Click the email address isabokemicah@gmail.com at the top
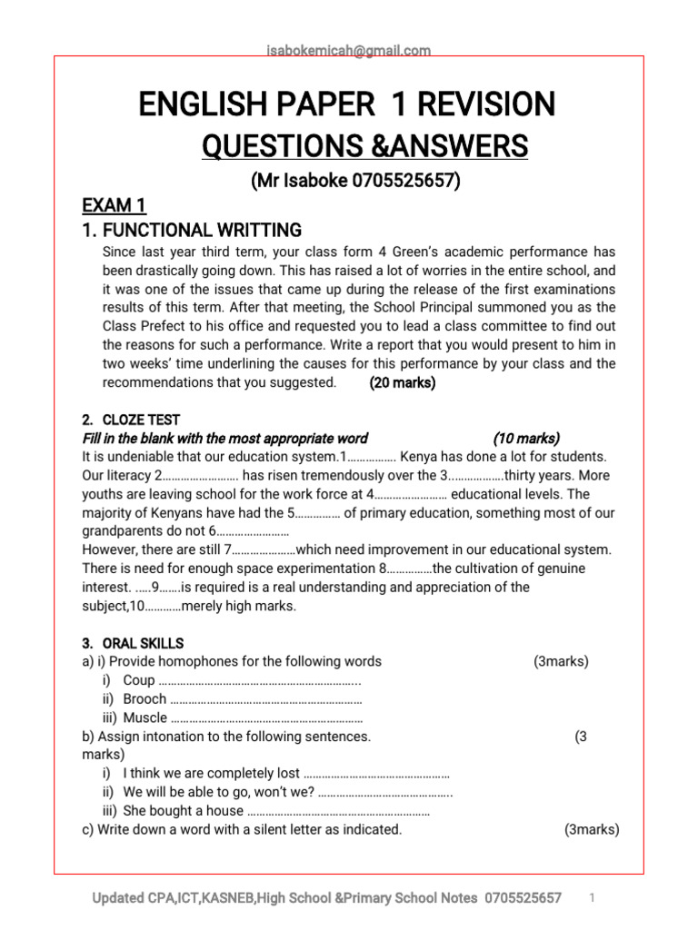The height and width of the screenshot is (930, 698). (x=349, y=51)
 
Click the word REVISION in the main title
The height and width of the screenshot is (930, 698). (x=483, y=104)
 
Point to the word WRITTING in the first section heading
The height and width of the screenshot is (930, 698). (x=250, y=230)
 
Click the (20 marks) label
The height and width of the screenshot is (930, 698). (x=403, y=382)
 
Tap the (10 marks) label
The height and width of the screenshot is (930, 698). (x=527, y=438)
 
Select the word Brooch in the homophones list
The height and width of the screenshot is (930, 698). (x=145, y=698)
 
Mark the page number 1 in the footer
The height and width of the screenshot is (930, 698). (x=592, y=897)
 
